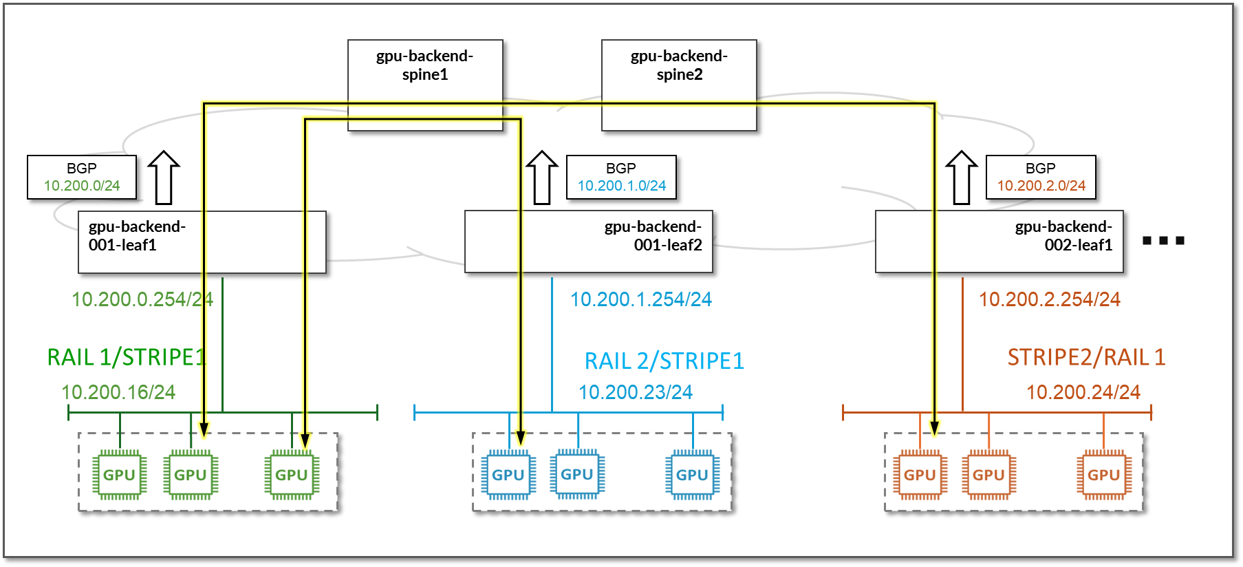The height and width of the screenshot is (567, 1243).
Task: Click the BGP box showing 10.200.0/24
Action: click(82, 178)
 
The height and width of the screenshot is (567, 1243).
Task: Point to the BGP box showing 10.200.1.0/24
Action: click(621, 178)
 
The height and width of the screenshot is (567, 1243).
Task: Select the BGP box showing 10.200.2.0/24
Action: click(1041, 178)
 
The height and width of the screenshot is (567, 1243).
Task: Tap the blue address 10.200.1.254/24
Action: click(641, 299)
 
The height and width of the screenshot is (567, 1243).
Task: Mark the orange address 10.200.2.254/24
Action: click(1050, 299)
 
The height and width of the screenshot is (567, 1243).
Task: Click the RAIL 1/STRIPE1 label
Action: click(127, 357)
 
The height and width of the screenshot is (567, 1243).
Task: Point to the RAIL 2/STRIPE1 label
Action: click(664, 361)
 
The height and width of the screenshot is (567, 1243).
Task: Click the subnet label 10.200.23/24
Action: click(636, 392)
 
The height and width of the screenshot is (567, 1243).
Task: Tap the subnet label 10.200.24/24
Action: click(1083, 392)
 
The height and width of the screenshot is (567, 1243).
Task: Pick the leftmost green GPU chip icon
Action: click(120, 475)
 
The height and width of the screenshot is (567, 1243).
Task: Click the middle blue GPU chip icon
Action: click(577, 474)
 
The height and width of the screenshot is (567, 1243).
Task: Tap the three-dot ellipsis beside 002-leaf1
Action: click(1163, 241)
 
